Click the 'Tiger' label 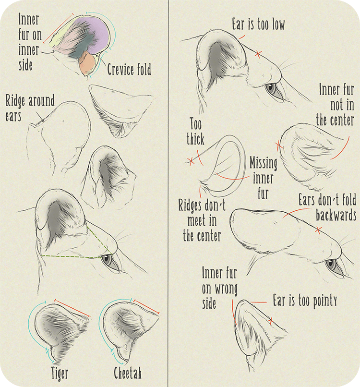click(x=60, y=373)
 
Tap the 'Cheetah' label click(x=128, y=373)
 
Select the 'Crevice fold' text click(x=129, y=70)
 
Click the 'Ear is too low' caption click(x=258, y=24)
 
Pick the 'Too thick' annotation click(x=196, y=132)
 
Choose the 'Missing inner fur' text click(x=263, y=178)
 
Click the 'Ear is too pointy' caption click(x=305, y=301)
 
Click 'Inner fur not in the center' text click(x=336, y=105)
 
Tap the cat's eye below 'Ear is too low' click(x=272, y=88)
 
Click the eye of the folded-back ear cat click(x=331, y=264)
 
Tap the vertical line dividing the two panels click(x=168, y=192)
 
